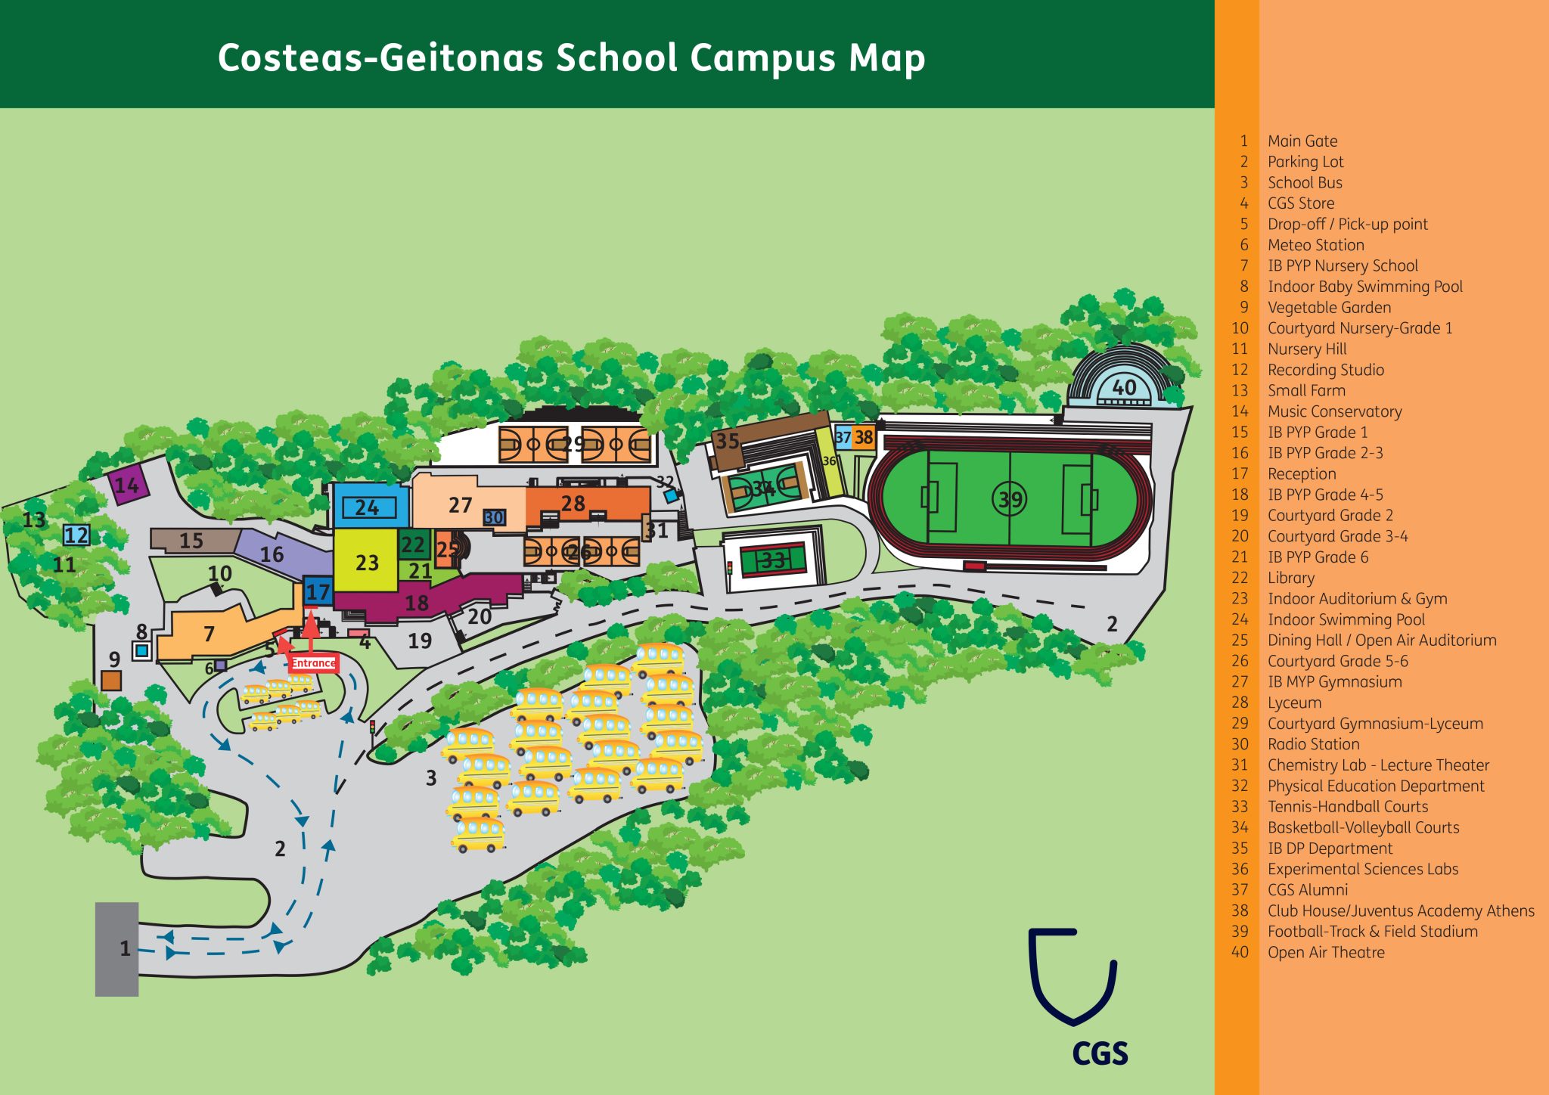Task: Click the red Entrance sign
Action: pyautogui.click(x=313, y=663)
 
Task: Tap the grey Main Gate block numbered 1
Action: pyautogui.click(x=116, y=949)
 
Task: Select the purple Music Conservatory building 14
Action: pyautogui.click(x=126, y=485)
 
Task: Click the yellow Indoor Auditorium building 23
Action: pyautogui.click(x=366, y=562)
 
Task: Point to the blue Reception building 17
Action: pyautogui.click(x=318, y=591)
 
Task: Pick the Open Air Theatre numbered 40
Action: pyautogui.click(x=1124, y=387)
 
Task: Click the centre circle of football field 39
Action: pyautogui.click(x=1009, y=499)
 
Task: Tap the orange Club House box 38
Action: pyautogui.click(x=864, y=437)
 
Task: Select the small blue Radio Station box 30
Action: pyautogui.click(x=494, y=518)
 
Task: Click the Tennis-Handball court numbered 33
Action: pyautogui.click(x=773, y=560)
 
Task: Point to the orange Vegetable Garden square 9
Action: pyautogui.click(x=111, y=680)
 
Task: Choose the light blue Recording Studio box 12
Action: pyautogui.click(x=76, y=535)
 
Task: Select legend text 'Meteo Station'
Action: pyautogui.click(x=1315, y=245)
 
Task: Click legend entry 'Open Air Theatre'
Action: pyautogui.click(x=1325, y=952)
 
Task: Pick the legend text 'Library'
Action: pyautogui.click(x=1290, y=578)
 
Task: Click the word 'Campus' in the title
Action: pyautogui.click(x=763, y=59)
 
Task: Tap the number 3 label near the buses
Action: pyautogui.click(x=431, y=778)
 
